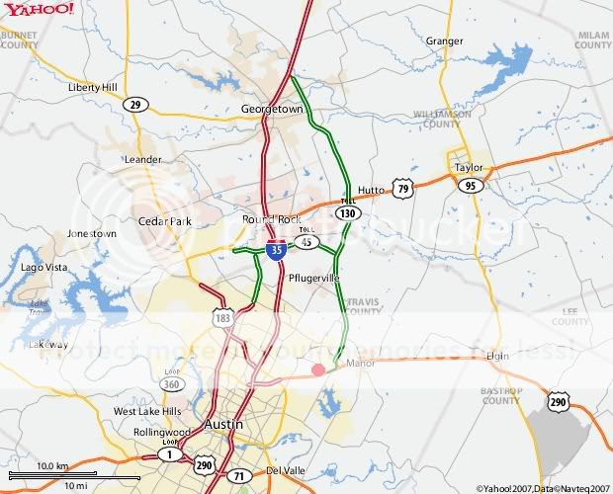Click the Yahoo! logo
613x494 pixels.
pos(38,9)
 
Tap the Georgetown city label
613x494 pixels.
pos(272,109)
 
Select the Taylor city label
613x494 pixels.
pos(469,167)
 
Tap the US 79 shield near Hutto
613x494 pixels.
pos(400,188)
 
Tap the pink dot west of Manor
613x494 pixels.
pos(318,370)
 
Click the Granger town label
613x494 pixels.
pos(444,41)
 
